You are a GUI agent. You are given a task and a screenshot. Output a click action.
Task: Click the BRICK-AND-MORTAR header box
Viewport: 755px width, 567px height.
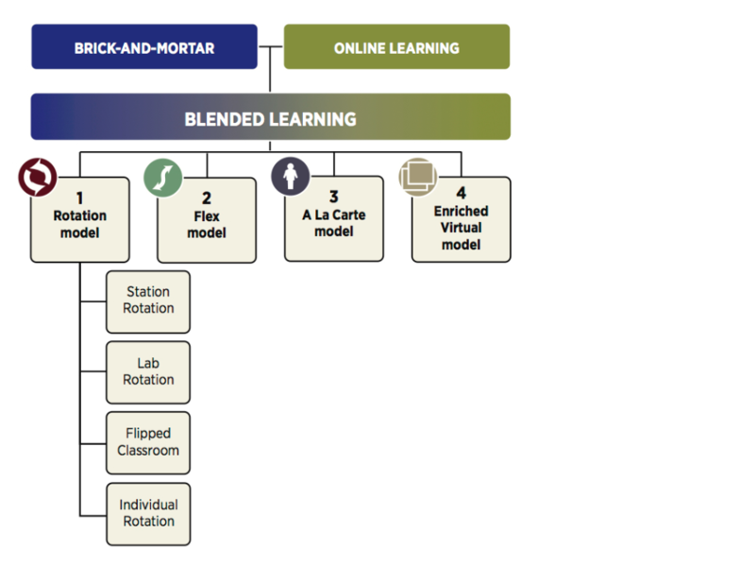[x=144, y=47]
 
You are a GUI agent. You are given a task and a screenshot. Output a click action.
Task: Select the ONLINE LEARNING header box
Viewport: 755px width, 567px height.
[x=396, y=47]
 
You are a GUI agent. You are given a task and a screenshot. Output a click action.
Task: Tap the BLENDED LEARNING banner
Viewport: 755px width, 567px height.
[x=271, y=117]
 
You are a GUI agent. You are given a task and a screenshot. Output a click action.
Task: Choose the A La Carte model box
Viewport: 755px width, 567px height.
[x=334, y=221]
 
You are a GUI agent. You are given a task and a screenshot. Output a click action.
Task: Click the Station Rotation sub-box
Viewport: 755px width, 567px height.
[x=148, y=301]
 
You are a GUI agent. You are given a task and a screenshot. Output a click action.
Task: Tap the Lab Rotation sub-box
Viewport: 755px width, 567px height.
[x=148, y=371]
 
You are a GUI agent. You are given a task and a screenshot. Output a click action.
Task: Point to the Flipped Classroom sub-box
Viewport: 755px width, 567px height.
[x=148, y=442]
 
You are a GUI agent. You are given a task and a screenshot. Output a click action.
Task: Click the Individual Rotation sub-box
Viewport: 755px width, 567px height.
[x=148, y=513]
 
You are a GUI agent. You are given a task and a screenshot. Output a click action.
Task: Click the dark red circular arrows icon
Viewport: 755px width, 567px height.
[x=38, y=177]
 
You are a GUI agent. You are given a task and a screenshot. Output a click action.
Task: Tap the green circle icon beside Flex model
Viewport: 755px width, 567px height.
[x=162, y=178]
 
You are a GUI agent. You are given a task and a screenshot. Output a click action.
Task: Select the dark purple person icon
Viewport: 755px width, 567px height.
[x=290, y=176]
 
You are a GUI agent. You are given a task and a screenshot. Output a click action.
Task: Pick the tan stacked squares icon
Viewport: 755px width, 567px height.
[x=417, y=176]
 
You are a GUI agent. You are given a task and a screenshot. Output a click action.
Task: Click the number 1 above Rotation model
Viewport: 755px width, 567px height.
[x=80, y=198]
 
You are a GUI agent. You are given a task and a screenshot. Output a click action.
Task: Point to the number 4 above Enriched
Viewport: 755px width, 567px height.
[x=461, y=193]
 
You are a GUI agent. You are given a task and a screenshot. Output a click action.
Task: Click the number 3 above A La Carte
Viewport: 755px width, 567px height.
[x=334, y=198]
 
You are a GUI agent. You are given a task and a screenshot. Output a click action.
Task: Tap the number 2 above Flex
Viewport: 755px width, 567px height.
[x=207, y=198]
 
